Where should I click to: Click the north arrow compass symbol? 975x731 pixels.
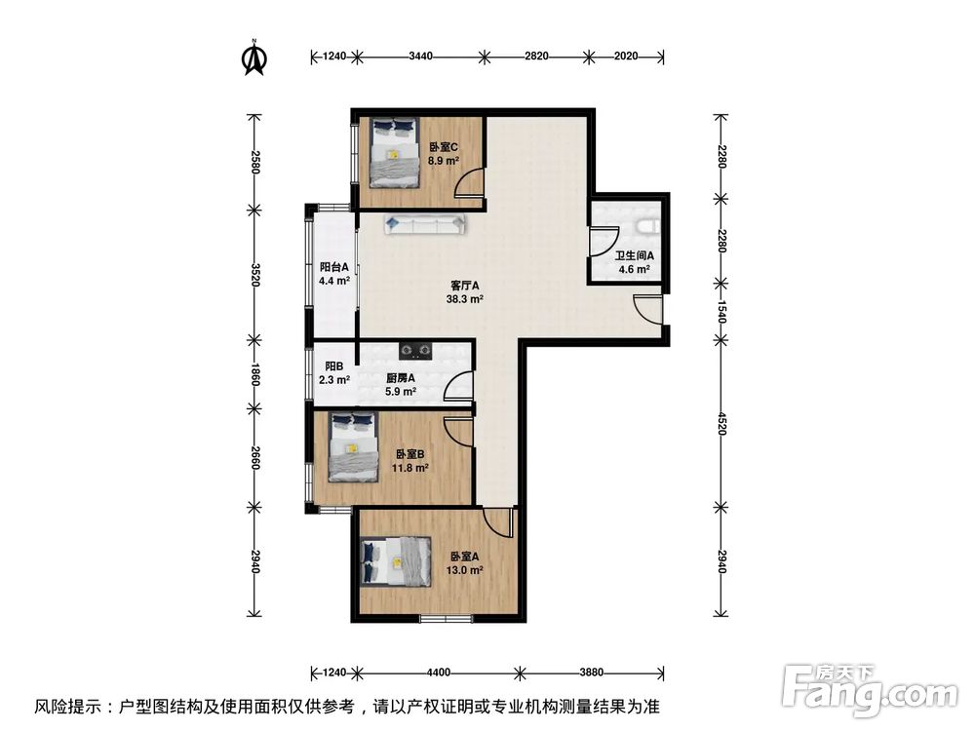254,58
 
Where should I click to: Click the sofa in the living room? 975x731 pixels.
427,224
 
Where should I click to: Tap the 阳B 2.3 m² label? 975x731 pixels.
334,373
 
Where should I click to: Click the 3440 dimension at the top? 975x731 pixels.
420,57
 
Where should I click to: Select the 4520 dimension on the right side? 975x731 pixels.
722,422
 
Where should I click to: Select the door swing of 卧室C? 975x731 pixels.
469,184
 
